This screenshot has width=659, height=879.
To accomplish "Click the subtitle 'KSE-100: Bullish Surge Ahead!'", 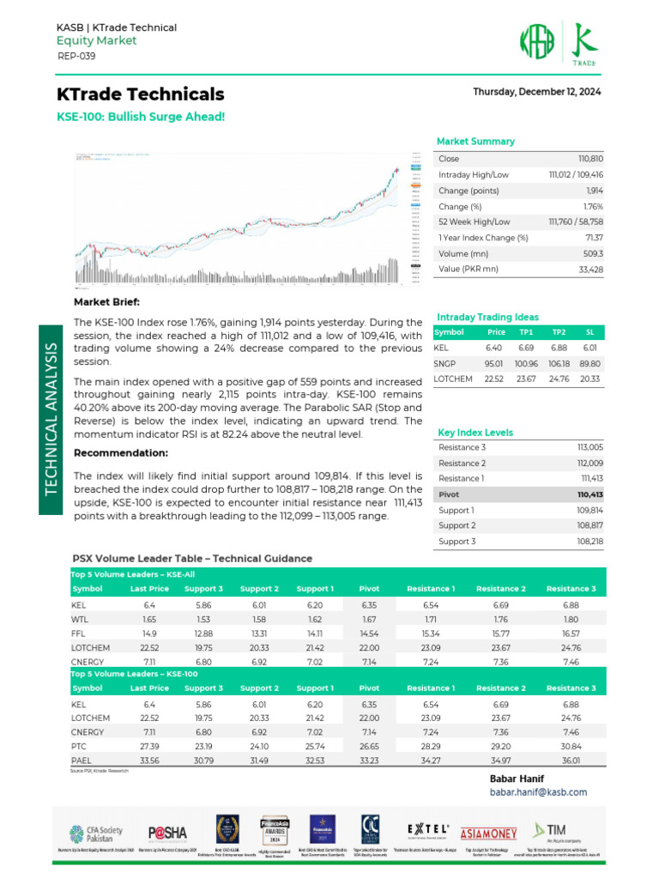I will (x=141, y=116).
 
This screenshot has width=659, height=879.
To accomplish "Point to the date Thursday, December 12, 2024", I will (x=536, y=92).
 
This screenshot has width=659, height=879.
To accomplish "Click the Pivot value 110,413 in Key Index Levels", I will (x=590, y=494).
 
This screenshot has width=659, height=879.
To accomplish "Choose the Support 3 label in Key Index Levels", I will (x=456, y=541).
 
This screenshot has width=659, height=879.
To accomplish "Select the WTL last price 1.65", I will (x=148, y=619).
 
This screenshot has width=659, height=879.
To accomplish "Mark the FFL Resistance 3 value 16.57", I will (x=571, y=633).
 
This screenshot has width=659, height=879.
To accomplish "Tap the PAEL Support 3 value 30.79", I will (x=203, y=762).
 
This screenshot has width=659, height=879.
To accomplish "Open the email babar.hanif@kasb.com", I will (x=538, y=791).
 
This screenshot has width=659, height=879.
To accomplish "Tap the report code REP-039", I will (x=76, y=56).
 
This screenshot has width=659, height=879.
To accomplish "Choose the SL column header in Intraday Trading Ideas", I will (x=590, y=331).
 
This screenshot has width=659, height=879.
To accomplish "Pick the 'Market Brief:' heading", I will (x=106, y=302).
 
